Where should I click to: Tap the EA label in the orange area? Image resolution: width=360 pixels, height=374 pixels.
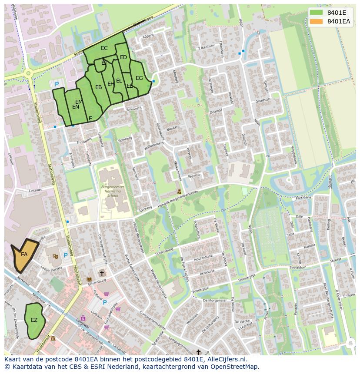24,255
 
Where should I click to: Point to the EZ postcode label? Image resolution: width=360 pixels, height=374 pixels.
34,320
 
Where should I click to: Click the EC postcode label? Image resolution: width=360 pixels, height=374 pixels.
104,48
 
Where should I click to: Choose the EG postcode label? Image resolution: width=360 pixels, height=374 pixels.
139,78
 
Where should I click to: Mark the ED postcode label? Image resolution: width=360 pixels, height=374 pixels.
123,57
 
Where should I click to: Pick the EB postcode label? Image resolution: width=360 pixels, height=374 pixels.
99,87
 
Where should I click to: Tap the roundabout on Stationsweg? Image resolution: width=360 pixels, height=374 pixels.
28,73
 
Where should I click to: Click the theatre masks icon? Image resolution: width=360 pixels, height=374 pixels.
55,256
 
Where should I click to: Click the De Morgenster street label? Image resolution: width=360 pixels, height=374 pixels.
215,300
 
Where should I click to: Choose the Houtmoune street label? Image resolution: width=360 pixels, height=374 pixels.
203,258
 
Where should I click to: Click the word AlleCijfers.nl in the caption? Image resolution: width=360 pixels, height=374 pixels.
223,360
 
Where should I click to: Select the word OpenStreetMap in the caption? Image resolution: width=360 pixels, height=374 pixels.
235,367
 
